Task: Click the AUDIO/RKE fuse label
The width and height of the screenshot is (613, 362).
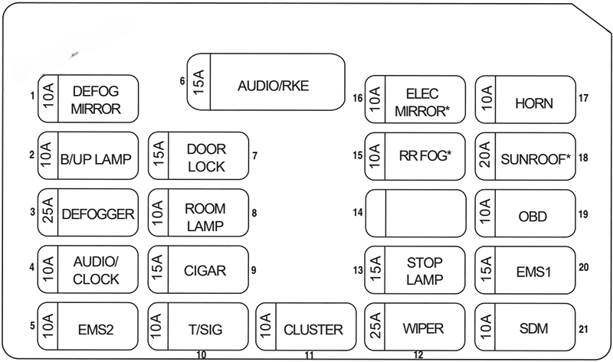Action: (x=273, y=86)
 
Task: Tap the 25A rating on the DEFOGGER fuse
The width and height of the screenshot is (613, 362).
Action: (x=48, y=214)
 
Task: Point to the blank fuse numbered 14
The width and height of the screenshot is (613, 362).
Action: (x=415, y=214)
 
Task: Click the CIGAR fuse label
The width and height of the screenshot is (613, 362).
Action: (x=205, y=270)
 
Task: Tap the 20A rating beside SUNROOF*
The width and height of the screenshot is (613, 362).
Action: (x=485, y=157)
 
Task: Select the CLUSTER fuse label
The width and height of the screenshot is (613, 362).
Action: (x=313, y=330)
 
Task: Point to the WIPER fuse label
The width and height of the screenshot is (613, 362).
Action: (x=423, y=329)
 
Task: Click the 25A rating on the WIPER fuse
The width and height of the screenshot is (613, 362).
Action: (x=375, y=328)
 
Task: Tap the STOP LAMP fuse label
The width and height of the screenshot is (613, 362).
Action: (x=425, y=271)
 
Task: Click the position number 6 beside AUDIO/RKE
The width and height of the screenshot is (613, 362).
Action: (x=182, y=81)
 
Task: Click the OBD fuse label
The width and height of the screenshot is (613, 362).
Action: (x=533, y=217)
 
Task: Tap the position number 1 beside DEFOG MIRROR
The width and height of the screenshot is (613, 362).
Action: (x=32, y=96)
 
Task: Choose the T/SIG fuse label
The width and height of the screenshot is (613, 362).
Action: (x=205, y=330)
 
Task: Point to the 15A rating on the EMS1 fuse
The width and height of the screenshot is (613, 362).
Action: (x=485, y=270)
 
